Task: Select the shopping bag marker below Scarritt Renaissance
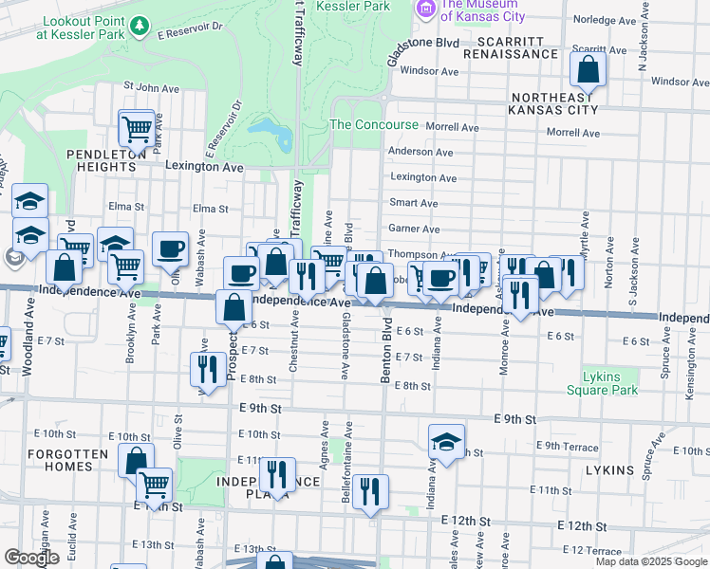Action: (x=589, y=69)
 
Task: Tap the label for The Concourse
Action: (x=373, y=125)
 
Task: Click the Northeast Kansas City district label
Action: (x=554, y=103)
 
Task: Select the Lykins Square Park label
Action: (x=601, y=383)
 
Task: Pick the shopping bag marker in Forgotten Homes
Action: (x=136, y=460)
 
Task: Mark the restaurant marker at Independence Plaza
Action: (x=277, y=474)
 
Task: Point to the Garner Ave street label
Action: (x=414, y=229)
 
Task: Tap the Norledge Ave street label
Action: (x=607, y=19)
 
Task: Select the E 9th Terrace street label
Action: (x=568, y=446)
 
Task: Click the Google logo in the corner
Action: (x=31, y=558)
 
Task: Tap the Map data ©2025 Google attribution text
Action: (x=650, y=561)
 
